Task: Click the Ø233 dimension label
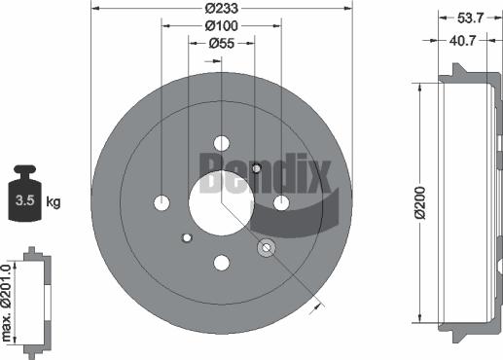click(222, 10)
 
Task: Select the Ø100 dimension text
click(222, 26)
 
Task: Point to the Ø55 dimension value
click(222, 44)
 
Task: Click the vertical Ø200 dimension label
click(419, 202)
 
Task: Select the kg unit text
click(54, 202)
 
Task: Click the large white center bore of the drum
click(221, 200)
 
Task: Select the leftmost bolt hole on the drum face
click(162, 202)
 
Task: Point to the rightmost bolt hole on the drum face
click(282, 202)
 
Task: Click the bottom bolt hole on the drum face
click(222, 262)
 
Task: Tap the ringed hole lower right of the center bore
click(266, 250)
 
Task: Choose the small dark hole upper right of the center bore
click(256, 168)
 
